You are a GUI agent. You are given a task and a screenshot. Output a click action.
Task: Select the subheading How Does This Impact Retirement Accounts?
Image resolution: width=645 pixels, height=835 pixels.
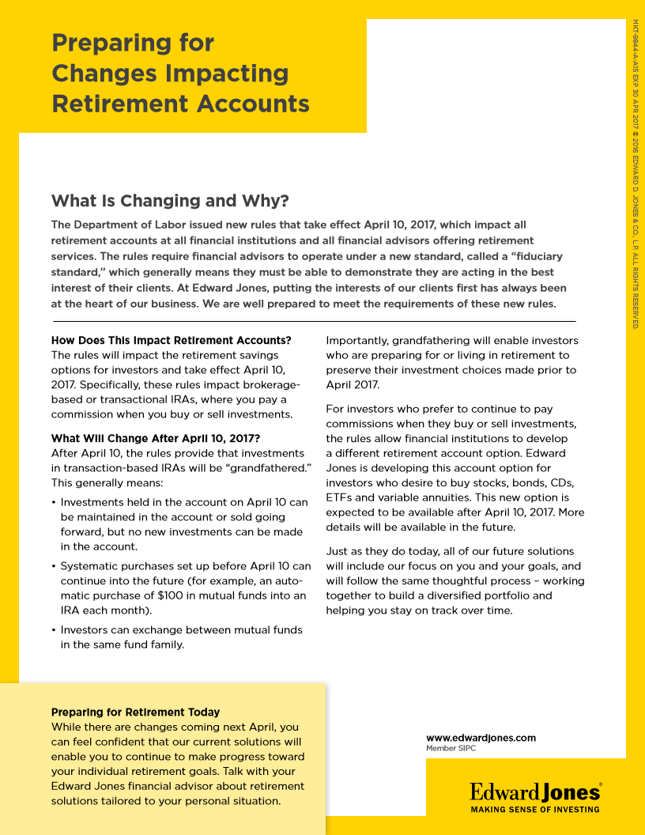(172, 341)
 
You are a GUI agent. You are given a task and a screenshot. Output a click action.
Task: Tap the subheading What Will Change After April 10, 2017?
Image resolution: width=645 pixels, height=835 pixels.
(156, 438)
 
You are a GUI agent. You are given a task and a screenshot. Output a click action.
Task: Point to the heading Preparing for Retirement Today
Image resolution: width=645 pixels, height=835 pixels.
(135, 712)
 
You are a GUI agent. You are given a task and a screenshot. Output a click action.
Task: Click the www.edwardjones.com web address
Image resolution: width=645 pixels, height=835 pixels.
(481, 738)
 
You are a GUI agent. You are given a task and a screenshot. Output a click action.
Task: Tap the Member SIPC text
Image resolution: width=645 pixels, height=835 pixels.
(451, 748)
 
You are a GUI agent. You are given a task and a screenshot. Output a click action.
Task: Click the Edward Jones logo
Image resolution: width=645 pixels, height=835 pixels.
(535, 792)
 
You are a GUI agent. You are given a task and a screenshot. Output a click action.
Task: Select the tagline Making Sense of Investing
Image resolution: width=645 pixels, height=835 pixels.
(535, 809)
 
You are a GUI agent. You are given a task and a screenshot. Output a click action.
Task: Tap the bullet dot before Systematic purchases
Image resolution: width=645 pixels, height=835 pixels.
(54, 566)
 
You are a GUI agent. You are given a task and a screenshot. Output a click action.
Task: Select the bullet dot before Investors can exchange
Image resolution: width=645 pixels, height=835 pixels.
(54, 630)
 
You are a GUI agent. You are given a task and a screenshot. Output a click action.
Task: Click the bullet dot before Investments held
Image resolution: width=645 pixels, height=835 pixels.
(54, 502)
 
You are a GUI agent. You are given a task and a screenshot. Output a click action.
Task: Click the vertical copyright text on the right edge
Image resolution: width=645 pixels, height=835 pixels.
(635, 174)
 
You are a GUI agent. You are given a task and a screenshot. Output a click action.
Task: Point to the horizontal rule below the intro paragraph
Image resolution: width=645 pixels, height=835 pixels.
(314, 322)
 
